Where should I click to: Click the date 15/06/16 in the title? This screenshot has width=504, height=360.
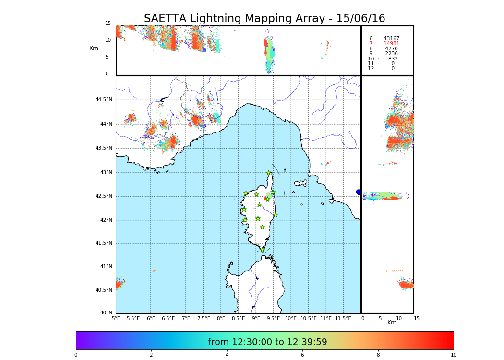360,19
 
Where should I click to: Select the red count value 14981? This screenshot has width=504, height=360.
391,44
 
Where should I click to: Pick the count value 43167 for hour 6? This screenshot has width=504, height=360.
391,38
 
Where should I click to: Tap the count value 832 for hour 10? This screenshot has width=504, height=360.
393,59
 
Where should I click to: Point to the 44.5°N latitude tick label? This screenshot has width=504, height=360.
104,100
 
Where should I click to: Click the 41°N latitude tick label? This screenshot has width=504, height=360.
106,267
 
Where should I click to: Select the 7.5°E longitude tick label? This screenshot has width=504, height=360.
204,318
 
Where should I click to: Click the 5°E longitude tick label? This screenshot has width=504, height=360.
116,318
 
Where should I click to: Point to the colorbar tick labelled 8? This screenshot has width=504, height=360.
378,355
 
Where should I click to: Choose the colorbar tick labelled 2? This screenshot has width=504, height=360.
151,355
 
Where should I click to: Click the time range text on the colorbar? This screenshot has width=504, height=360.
267,342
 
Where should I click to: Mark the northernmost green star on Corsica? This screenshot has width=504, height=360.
269,173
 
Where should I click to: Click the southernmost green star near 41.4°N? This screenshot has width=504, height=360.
262,250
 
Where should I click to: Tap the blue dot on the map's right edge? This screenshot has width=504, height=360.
359,192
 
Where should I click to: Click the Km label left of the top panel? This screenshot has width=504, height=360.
94,48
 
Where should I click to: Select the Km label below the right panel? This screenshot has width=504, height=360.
392,323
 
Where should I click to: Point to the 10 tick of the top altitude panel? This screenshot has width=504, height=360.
108,40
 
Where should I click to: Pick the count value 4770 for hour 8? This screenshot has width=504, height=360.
391,48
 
